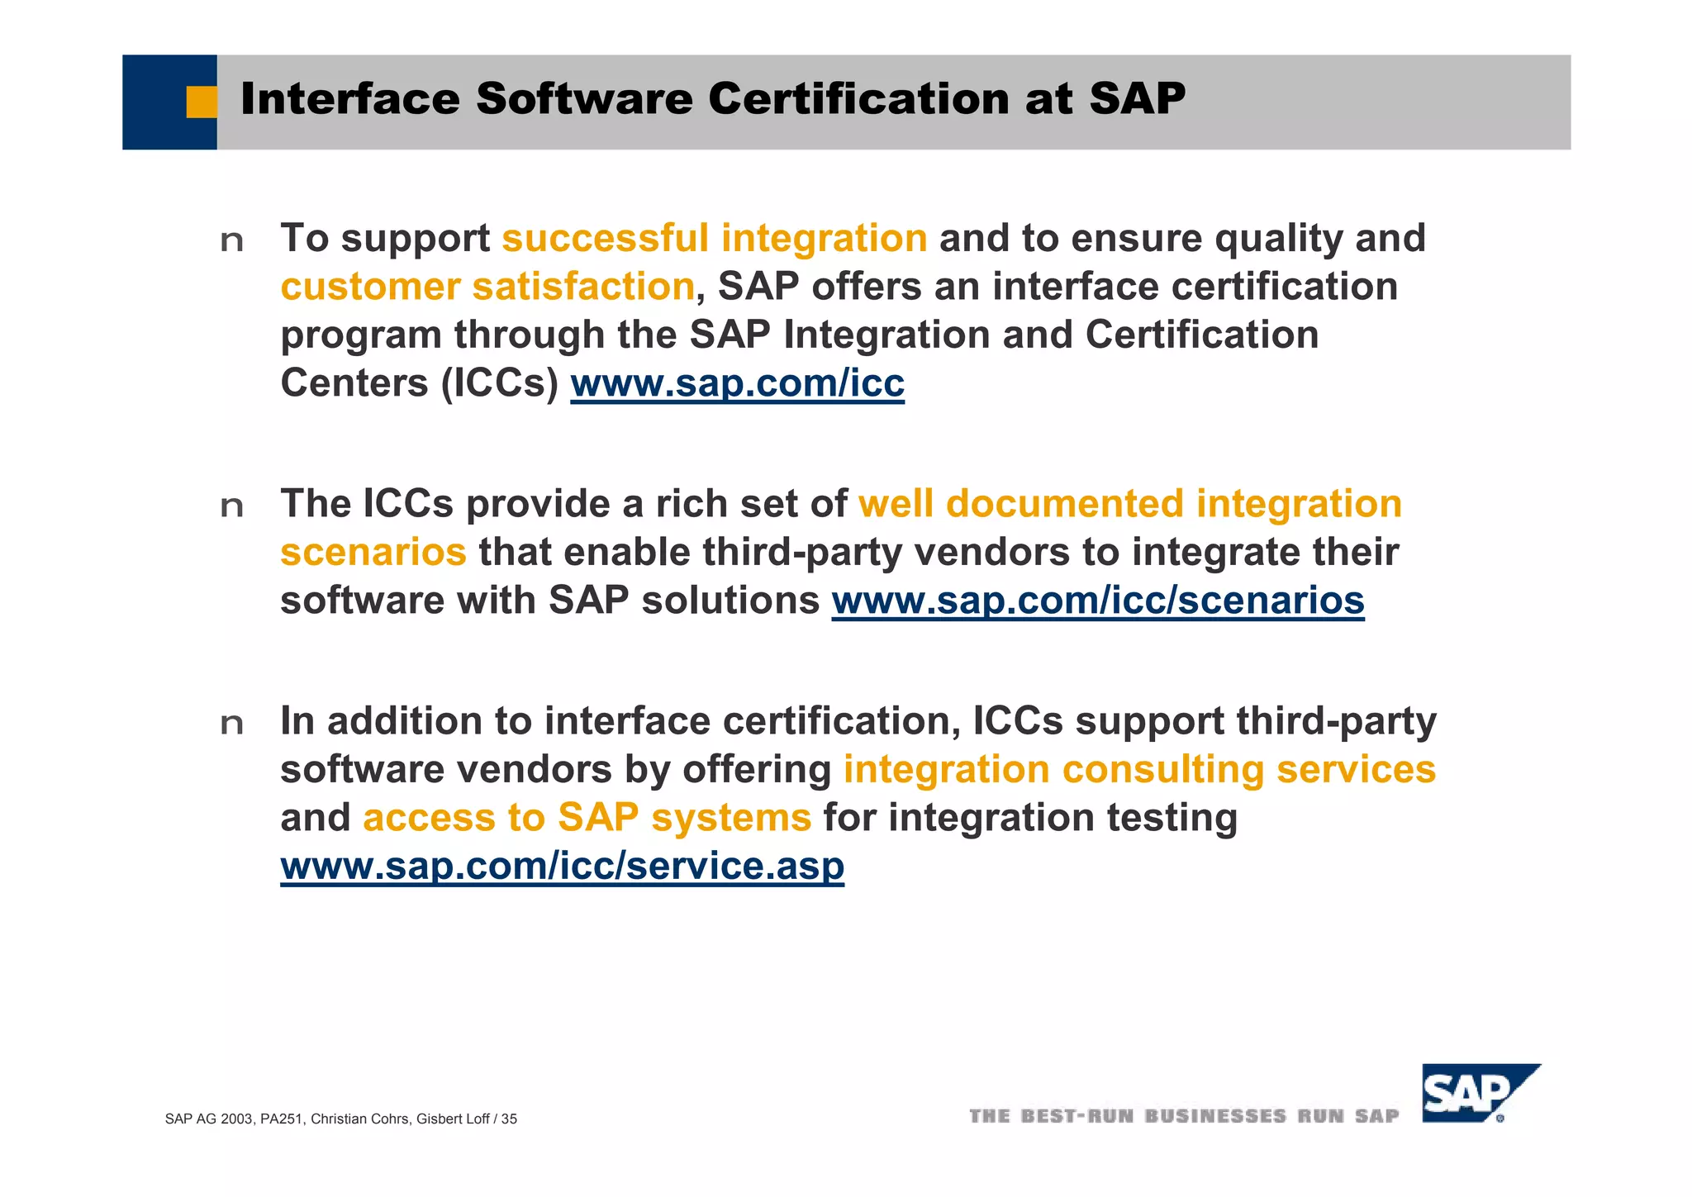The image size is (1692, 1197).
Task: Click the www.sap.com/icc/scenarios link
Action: click(x=1097, y=601)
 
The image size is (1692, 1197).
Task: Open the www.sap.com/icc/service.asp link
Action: click(x=562, y=866)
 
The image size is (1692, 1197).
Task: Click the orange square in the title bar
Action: click(x=201, y=102)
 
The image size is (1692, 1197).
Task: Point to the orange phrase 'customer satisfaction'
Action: click(x=487, y=287)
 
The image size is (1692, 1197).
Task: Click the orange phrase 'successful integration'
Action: click(x=715, y=239)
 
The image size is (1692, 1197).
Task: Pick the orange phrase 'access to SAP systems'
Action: click(x=587, y=818)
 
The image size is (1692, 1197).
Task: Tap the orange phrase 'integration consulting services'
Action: click(x=1139, y=770)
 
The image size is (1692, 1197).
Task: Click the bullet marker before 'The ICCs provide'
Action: click(x=232, y=506)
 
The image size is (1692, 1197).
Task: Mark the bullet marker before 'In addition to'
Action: click(x=232, y=724)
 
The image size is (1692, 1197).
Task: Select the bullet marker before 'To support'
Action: click(x=232, y=241)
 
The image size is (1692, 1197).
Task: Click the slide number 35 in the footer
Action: click(x=509, y=1119)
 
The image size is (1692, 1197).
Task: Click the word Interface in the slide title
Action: click(x=350, y=99)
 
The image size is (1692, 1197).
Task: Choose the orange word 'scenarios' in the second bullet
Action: click(x=373, y=553)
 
